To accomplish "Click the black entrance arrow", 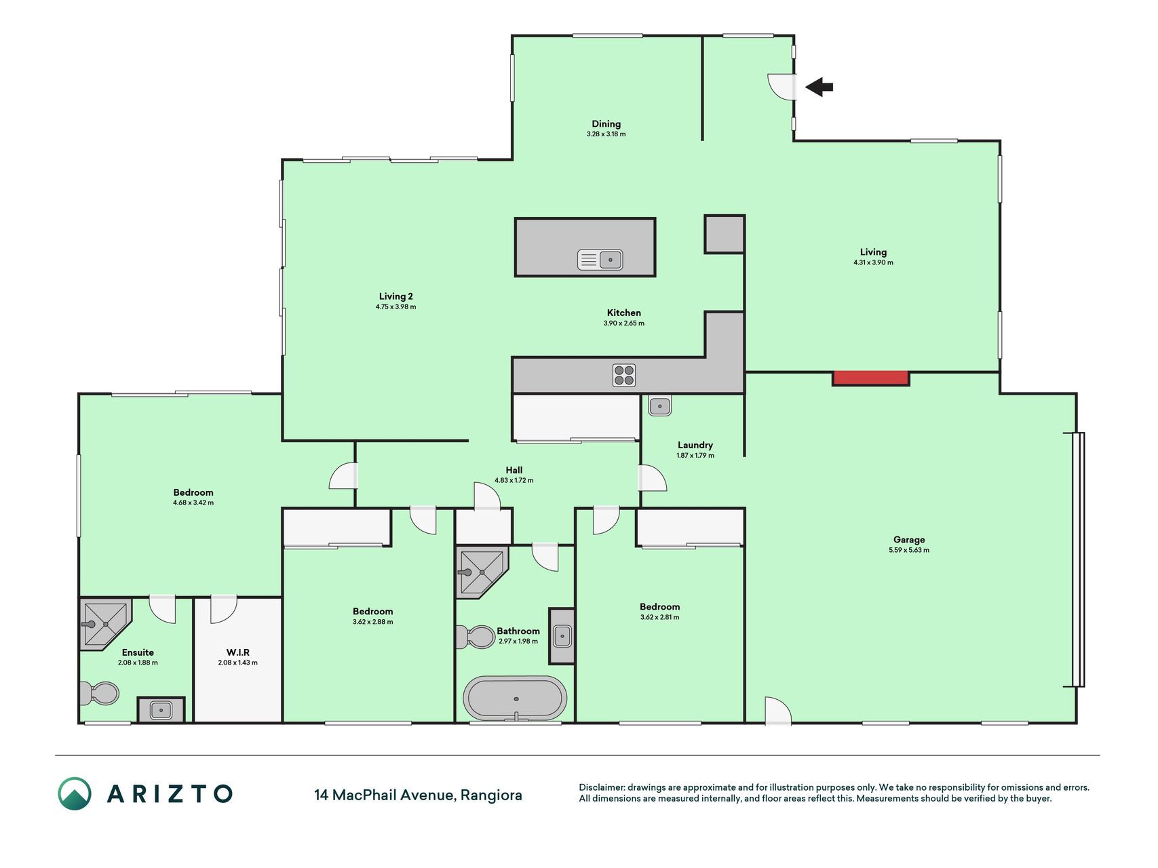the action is [819, 87].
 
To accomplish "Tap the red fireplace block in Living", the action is [871, 378].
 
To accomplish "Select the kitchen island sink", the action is [600, 260].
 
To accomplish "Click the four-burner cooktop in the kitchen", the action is [624, 375].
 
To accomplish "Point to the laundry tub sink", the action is [659, 406].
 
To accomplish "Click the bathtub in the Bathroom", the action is [515, 698].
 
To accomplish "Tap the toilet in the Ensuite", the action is [100, 693].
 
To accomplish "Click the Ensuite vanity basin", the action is [161, 710].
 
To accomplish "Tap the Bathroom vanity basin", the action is [562, 636].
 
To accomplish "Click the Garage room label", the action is [909, 540].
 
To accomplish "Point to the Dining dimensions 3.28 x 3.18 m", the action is [606, 134].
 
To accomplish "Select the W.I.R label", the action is [238, 652].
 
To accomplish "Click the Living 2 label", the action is [396, 296].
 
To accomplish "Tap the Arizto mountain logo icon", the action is [75, 793].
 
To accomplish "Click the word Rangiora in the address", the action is [491, 795].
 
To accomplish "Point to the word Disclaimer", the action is [601, 787].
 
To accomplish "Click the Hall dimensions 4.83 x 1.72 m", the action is [514, 480].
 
